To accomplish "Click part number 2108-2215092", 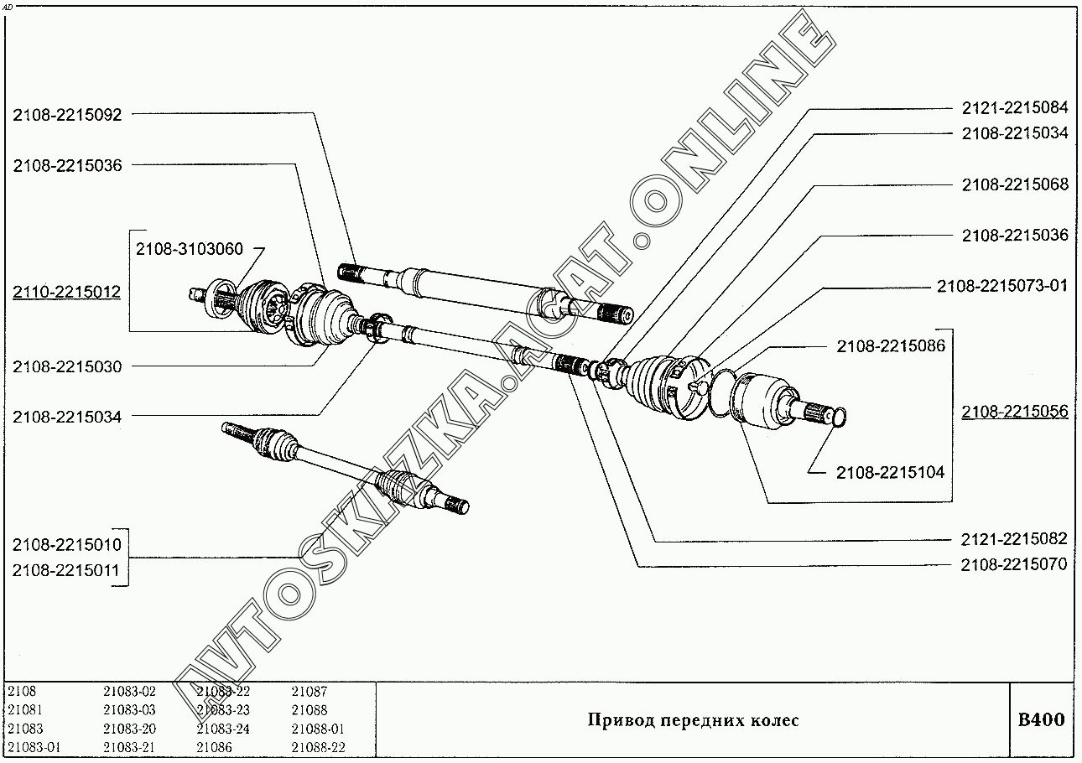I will click(x=67, y=115).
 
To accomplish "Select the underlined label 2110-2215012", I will click(x=66, y=293).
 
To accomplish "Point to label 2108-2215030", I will click(x=67, y=366).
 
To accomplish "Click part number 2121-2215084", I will click(x=1014, y=107).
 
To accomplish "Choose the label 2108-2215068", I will click(x=1014, y=184).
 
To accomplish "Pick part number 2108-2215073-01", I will click(x=1002, y=286).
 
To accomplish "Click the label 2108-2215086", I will click(x=890, y=345).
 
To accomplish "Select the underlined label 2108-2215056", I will click(x=1014, y=412).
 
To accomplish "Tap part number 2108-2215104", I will click(x=890, y=473).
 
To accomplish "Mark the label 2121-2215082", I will click(x=1014, y=539).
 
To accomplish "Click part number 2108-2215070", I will click(x=1014, y=564).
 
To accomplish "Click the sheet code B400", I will click(x=1041, y=720).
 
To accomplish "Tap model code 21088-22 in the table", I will click(x=318, y=747).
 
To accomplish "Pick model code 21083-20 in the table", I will click(x=129, y=729).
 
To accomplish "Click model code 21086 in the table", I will click(x=214, y=747).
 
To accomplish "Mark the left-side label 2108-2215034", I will click(x=67, y=416).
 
